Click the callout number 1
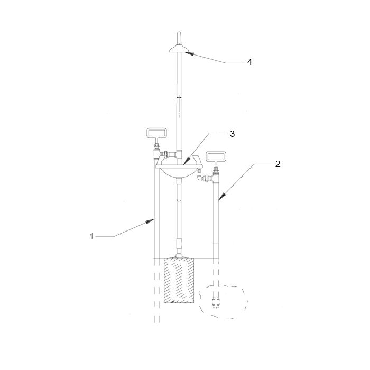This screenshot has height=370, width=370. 92,236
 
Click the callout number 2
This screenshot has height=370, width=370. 277,164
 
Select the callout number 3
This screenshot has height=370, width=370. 232,134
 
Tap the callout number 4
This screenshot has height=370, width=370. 249,62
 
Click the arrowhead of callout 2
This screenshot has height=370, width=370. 222,197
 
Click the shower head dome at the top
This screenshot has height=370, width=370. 179,49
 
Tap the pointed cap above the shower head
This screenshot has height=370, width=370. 179,38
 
